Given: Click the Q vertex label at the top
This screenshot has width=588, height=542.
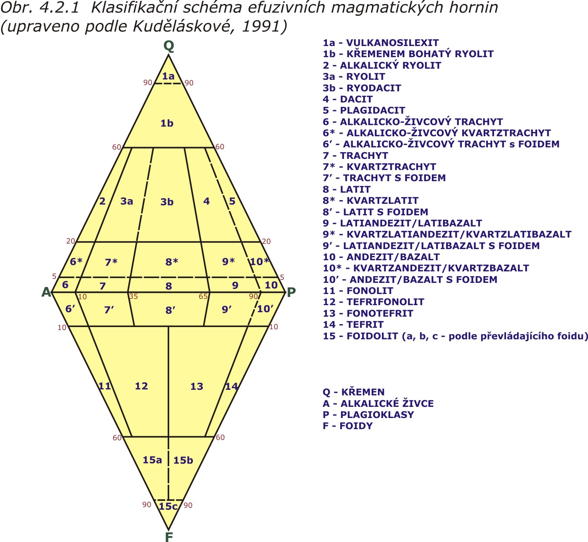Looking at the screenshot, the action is click(x=169, y=46).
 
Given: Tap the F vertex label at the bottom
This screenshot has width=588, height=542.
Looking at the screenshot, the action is click(x=169, y=537).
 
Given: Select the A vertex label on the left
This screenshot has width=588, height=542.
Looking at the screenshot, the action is click(x=46, y=292).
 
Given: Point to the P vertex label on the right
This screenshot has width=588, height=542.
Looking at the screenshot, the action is click(x=292, y=292).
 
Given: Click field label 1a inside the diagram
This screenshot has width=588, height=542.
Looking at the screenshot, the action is click(x=168, y=76).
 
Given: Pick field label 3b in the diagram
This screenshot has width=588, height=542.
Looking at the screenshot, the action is click(x=167, y=202).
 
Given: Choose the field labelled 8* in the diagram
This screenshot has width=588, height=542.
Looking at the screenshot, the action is click(x=172, y=262).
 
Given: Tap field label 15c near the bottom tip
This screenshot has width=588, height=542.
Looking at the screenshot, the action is click(x=168, y=506).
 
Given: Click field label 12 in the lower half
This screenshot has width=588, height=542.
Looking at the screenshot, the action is click(x=141, y=386).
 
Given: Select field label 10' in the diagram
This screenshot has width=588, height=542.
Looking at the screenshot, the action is click(x=265, y=308).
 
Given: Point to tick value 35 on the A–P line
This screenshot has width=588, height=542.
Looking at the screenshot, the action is click(x=133, y=297).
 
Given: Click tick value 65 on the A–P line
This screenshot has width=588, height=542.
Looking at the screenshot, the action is click(x=203, y=297).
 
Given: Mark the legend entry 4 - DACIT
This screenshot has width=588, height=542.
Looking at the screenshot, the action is click(x=348, y=99).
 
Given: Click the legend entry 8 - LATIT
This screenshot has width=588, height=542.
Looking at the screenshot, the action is click(x=346, y=189).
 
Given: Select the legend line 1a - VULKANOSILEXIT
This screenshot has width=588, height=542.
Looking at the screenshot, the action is click(x=381, y=43).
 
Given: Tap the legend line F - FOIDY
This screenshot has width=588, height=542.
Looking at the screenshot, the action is click(x=348, y=426).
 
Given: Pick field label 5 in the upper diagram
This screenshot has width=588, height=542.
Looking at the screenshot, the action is click(x=232, y=201).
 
